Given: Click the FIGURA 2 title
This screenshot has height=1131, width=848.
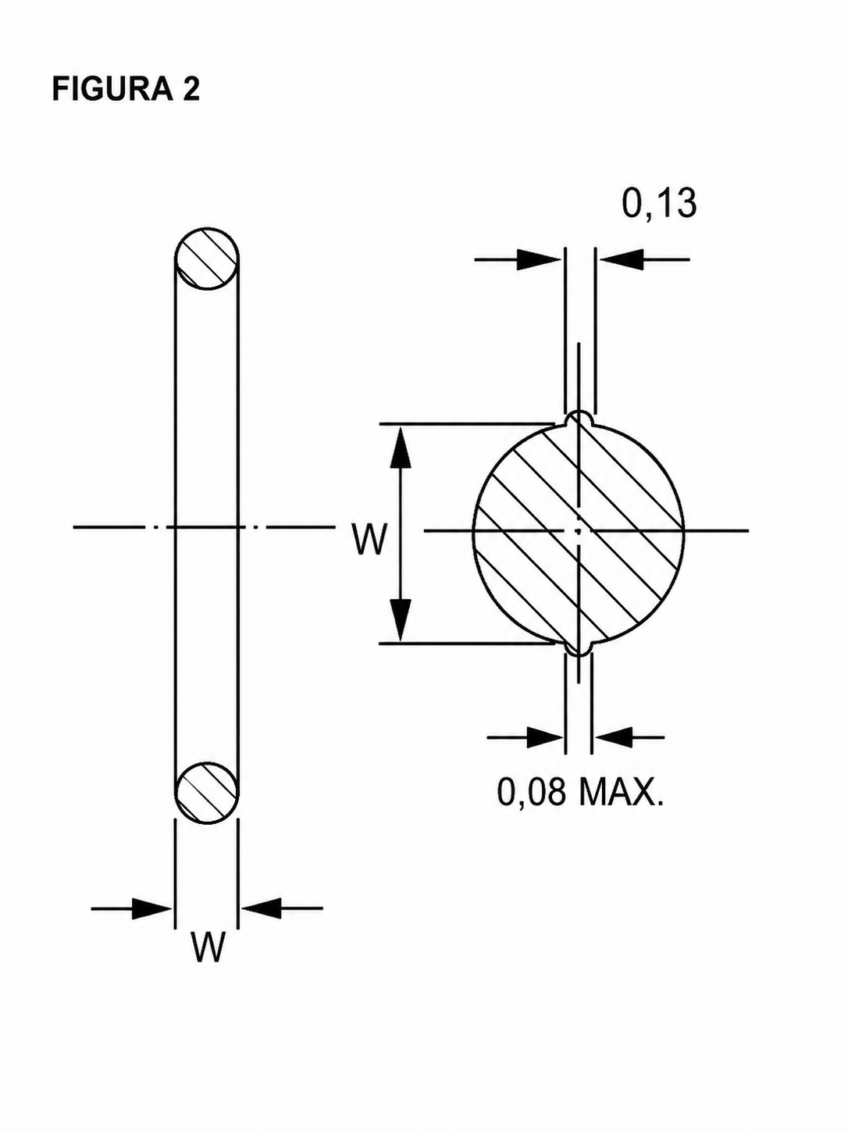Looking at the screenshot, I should pyautogui.click(x=126, y=90).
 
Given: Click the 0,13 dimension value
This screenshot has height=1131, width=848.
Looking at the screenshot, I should pyautogui.click(x=659, y=204).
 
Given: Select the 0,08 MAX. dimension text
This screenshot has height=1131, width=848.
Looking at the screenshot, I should pyautogui.click(x=580, y=792).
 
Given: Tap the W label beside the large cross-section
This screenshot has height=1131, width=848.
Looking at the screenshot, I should pyautogui.click(x=369, y=539).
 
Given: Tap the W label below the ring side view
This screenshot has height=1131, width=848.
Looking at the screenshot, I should pyautogui.click(x=208, y=947).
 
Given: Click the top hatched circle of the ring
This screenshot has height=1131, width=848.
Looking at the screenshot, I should pyautogui.click(x=207, y=259).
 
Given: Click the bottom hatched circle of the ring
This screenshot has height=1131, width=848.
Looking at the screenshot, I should pyautogui.click(x=207, y=792).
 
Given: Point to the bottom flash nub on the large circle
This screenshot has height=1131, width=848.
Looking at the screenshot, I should pyautogui.click(x=579, y=647).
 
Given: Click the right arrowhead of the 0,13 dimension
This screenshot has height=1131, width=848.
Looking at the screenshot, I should pyautogui.click(x=622, y=260).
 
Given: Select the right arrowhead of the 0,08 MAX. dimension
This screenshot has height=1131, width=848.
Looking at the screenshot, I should pyautogui.click(x=612, y=737).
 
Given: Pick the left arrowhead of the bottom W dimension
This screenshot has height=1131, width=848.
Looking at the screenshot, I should pyautogui.click(x=151, y=908).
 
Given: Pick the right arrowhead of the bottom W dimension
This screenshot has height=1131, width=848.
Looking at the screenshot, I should pyautogui.click(x=261, y=908).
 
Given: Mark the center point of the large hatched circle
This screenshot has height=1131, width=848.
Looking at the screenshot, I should pyautogui.click(x=579, y=531).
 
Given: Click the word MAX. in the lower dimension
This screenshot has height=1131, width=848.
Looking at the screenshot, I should pyautogui.click(x=622, y=792).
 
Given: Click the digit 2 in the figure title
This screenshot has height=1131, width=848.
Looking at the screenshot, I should pyautogui.click(x=191, y=90).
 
